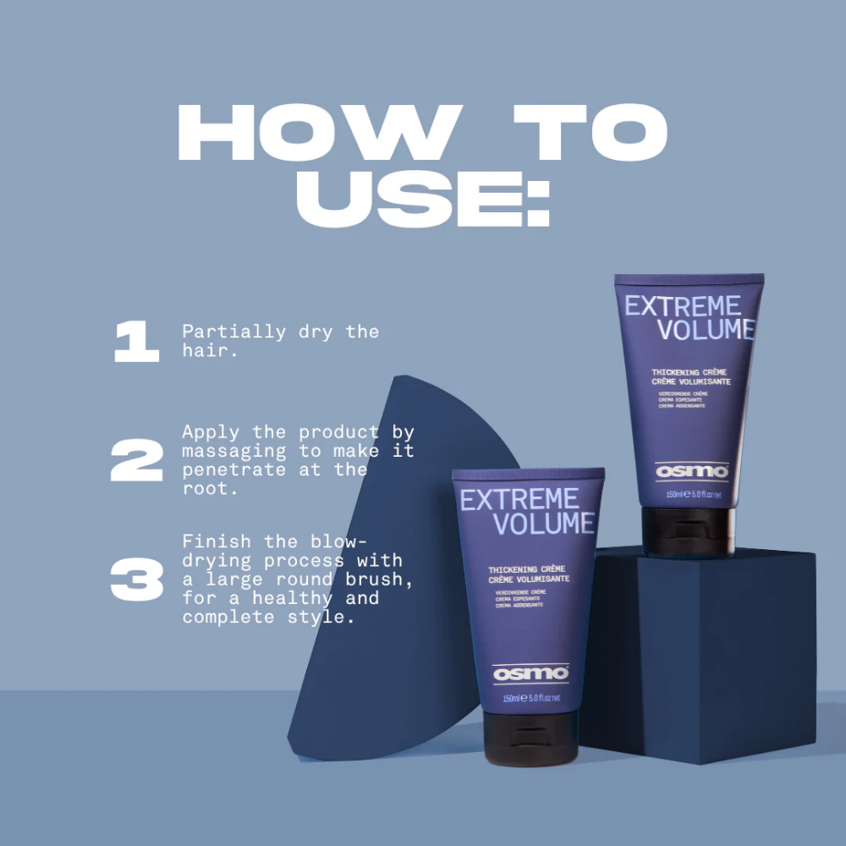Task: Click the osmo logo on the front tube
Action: click(531, 673)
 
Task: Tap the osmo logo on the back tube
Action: click(691, 470)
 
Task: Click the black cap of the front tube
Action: click(530, 738)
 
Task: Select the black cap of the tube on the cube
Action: click(689, 531)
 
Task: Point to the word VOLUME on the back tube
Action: click(705, 329)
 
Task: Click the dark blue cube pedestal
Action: click(719, 660)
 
